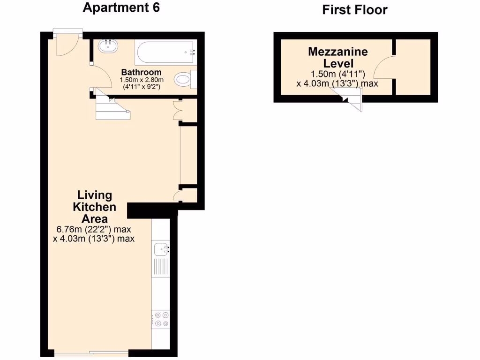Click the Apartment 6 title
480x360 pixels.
[121, 8]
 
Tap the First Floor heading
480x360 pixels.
[355, 10]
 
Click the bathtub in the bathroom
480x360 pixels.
[165, 52]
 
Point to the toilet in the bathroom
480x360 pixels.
[184, 79]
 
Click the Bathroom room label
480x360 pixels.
[141, 72]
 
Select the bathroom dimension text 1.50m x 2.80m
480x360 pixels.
[141, 80]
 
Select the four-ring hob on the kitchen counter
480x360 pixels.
[161, 319]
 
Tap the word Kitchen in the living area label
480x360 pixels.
[95, 207]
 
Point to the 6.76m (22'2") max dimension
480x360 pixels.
[93, 230]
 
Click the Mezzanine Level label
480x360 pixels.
[337, 57]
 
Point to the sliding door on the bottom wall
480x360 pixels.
[90, 352]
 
